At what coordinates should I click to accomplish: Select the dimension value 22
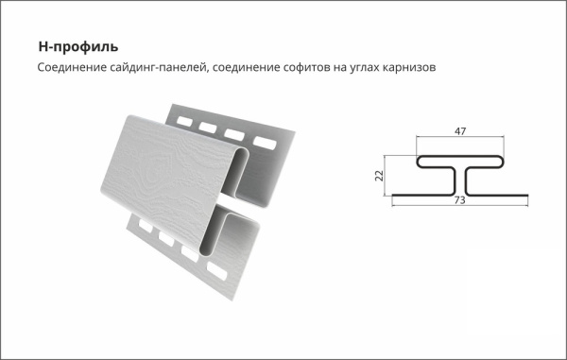pyautogui.click(x=376, y=176)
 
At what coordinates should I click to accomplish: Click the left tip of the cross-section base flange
pyautogui.click(x=393, y=197)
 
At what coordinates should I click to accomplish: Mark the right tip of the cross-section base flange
pyautogui.click(x=525, y=197)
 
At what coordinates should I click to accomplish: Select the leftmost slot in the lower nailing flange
pyautogui.click(x=142, y=226)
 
